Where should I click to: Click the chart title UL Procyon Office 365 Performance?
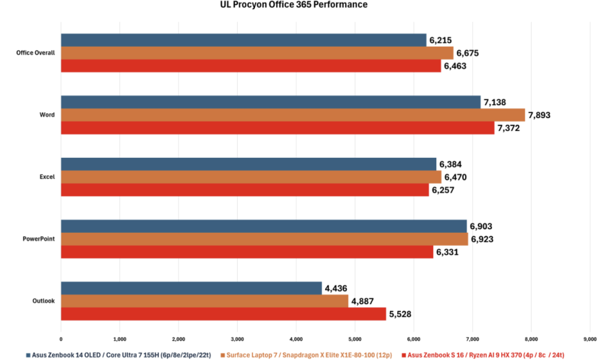[293, 5]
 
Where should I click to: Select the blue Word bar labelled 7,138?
[271, 103]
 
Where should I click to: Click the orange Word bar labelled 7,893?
[293, 115]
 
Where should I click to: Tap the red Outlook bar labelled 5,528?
[223, 314]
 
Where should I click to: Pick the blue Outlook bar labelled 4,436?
[191, 288]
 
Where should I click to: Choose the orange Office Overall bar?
[257, 53]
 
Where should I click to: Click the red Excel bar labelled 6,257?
[245, 190]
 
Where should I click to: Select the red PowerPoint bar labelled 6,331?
[247, 252]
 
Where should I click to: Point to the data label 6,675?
[467, 53]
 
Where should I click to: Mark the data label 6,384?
[451, 164]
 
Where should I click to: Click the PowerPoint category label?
[40, 239]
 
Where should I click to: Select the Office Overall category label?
[36, 53]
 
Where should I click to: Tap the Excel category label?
[47, 177]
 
